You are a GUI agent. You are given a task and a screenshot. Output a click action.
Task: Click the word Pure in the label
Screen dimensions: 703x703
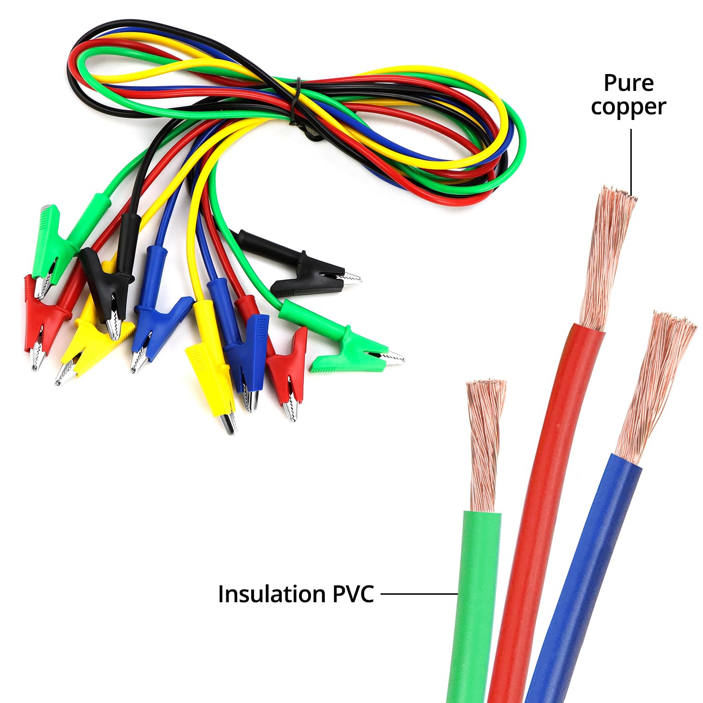(628, 83)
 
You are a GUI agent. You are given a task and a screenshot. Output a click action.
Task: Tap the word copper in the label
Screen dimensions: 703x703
(628, 107)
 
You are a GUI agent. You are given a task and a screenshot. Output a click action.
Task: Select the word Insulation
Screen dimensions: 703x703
(271, 594)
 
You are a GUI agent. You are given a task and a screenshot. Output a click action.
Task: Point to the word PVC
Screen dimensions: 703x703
(353, 594)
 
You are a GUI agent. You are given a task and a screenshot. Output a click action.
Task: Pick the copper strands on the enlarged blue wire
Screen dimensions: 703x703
(656, 384)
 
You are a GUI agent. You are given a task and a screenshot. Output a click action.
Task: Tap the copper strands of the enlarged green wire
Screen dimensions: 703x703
(485, 445)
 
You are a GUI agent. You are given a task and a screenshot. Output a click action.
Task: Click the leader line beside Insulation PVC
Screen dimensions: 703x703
(419, 594)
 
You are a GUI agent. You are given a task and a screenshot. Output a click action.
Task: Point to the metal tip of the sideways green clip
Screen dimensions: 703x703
(394, 359)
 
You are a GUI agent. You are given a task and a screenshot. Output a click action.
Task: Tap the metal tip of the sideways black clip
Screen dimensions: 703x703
(351, 279)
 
